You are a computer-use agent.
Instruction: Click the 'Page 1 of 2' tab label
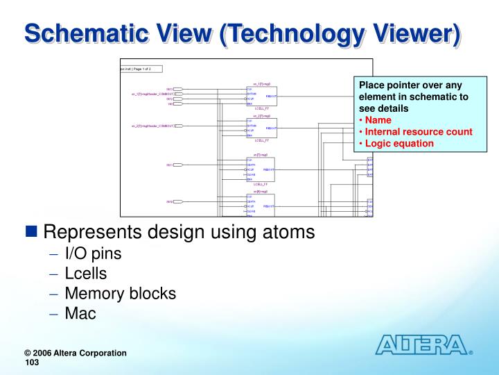coord(141,69)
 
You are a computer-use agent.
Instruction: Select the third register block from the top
coord(261,169)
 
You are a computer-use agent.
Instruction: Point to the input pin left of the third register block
coord(177,165)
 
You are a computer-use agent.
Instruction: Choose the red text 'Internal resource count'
coord(419,132)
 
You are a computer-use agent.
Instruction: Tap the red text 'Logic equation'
coord(399,144)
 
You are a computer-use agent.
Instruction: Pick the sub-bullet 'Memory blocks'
coord(120,293)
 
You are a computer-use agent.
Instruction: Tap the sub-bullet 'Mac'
coord(80,313)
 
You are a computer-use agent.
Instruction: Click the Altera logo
coord(422,344)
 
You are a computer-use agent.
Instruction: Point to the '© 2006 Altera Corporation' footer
coord(76,353)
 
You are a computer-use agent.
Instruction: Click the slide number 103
coord(32,363)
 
